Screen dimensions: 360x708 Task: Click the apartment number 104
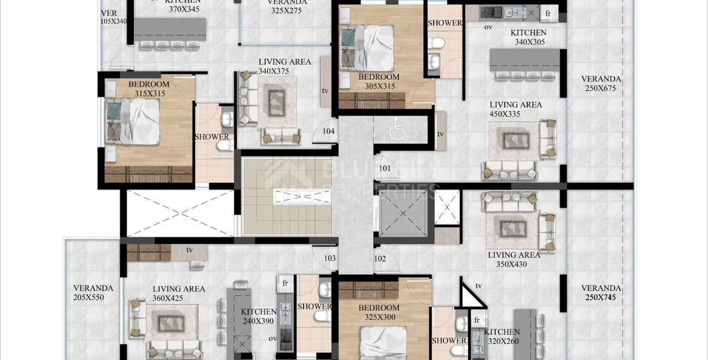point(328,131)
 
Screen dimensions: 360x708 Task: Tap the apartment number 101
point(385,169)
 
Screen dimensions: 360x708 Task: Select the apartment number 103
point(329,259)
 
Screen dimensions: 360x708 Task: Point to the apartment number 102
point(380,259)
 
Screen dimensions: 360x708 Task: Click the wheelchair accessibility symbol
point(397,130)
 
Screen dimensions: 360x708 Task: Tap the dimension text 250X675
point(601,88)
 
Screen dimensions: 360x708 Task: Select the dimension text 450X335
point(515,114)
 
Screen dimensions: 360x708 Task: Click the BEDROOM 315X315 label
point(149,93)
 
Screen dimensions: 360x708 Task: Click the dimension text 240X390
point(259,321)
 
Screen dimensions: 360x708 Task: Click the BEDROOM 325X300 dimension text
point(379,317)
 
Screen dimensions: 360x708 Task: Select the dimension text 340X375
point(274,71)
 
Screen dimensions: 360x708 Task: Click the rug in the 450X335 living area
point(515,140)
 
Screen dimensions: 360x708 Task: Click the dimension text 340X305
point(529,42)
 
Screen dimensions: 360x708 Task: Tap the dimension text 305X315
point(379,86)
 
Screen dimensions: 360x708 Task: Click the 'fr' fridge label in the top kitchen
point(547,13)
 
